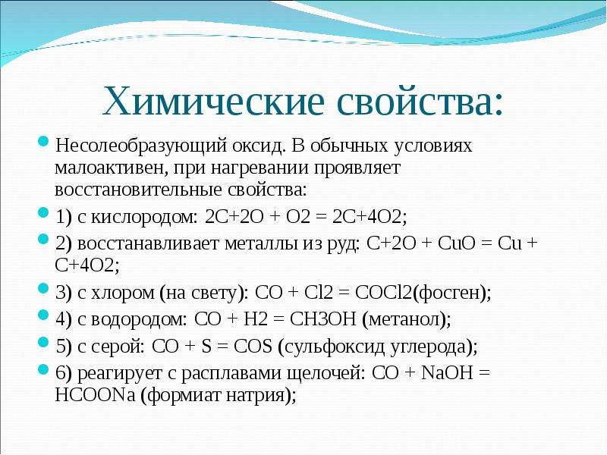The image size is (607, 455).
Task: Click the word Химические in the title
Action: pyautogui.click(x=213, y=102)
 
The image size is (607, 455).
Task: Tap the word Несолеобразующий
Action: pyautogui.click(x=141, y=146)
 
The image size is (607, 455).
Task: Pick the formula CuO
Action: pyautogui.click(x=457, y=243)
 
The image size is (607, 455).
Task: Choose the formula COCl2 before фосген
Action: pyautogui.click(x=383, y=293)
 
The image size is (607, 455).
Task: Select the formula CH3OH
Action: pyautogui.click(x=323, y=319)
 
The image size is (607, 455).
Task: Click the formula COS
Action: pyautogui.click(x=253, y=347)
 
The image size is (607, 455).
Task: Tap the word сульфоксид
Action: pyautogui.click(x=335, y=347)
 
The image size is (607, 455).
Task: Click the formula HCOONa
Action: pyautogui.click(x=95, y=395)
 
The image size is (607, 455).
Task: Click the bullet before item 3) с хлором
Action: pyautogui.click(x=43, y=288)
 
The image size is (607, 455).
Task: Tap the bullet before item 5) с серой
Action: pyautogui.click(x=43, y=342)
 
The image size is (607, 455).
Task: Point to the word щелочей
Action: pyautogui.click(x=326, y=374)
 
